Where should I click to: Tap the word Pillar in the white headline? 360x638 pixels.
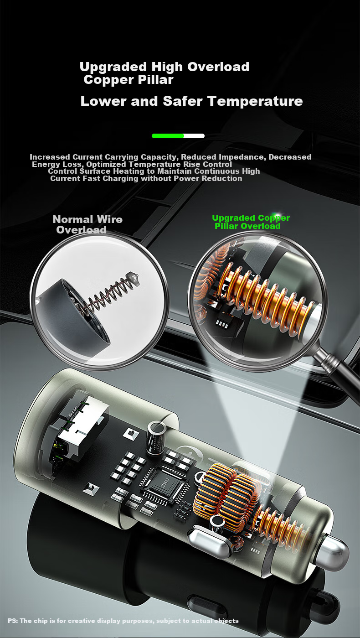coord(155,80)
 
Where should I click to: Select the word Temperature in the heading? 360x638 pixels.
coord(255,101)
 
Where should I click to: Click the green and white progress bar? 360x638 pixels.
coord(178,136)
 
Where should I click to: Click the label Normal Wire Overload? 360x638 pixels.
coord(87,224)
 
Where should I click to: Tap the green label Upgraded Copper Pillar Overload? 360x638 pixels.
coord(251,222)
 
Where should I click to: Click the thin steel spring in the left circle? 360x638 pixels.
coord(113,293)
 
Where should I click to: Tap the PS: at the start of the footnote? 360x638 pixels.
coord(13,621)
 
